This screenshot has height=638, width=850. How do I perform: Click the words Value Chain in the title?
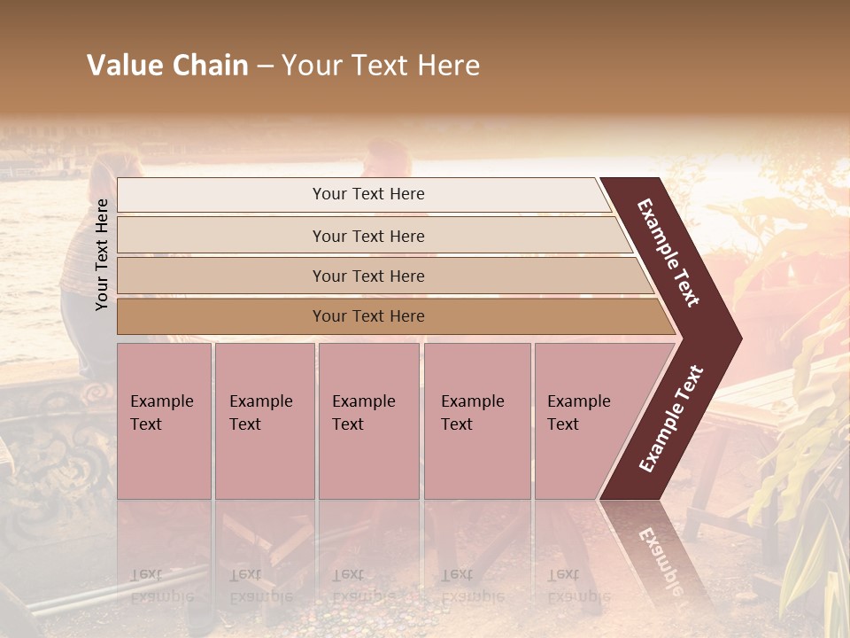(x=167, y=66)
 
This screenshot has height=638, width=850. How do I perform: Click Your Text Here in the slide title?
(x=381, y=66)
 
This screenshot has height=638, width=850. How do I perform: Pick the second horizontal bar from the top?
(x=367, y=236)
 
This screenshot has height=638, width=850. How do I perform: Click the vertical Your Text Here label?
(x=102, y=254)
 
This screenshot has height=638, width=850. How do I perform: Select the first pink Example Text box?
(x=164, y=421)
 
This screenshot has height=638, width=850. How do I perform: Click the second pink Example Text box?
(x=264, y=421)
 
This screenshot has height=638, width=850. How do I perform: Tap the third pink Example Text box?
(x=368, y=421)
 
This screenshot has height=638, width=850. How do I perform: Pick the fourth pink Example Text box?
(x=476, y=421)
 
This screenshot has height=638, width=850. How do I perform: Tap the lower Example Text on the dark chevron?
(x=671, y=419)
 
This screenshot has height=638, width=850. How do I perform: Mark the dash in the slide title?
(x=264, y=66)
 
